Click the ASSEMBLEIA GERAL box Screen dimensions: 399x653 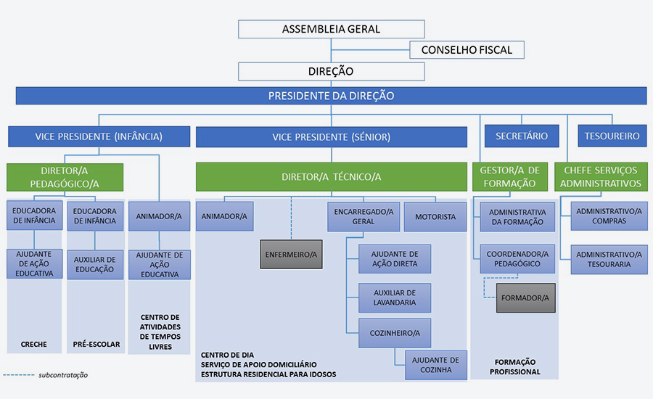click(331, 30)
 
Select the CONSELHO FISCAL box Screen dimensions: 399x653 click(467, 50)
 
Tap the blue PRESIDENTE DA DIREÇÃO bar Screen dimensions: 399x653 click(331, 96)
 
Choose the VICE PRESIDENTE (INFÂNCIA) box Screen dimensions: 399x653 click(99, 136)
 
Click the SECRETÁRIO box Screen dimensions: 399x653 click(517, 136)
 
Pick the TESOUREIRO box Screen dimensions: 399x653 click(612, 136)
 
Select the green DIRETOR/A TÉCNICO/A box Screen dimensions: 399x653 click(331, 177)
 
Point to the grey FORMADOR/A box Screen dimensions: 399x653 click(526, 297)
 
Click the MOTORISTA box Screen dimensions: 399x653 click(435, 216)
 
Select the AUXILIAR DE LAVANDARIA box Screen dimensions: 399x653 click(394, 297)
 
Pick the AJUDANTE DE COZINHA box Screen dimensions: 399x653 click(435, 365)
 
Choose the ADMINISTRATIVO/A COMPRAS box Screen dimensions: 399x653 click(609, 216)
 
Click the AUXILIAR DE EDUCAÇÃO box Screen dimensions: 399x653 click(94, 264)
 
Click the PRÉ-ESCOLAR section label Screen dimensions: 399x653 click(96, 344)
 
